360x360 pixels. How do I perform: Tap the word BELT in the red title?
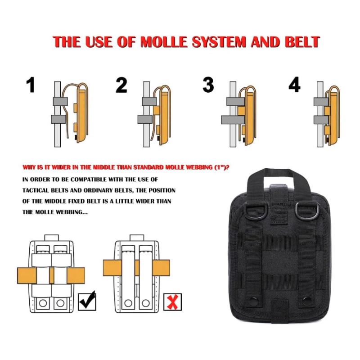(302, 42)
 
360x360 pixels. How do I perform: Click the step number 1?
(31, 85)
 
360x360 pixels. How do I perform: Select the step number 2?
(121, 85)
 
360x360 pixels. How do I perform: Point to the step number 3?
(208, 85)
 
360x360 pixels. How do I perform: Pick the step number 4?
(294, 85)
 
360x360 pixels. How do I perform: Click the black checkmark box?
(87, 301)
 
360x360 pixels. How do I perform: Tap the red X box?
(172, 302)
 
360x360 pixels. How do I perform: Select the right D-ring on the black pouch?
(304, 209)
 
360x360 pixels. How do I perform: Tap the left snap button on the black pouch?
(254, 301)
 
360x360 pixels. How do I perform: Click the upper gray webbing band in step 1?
(60, 102)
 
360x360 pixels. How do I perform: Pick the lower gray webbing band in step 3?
(234, 120)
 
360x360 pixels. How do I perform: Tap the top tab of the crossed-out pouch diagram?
(137, 238)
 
